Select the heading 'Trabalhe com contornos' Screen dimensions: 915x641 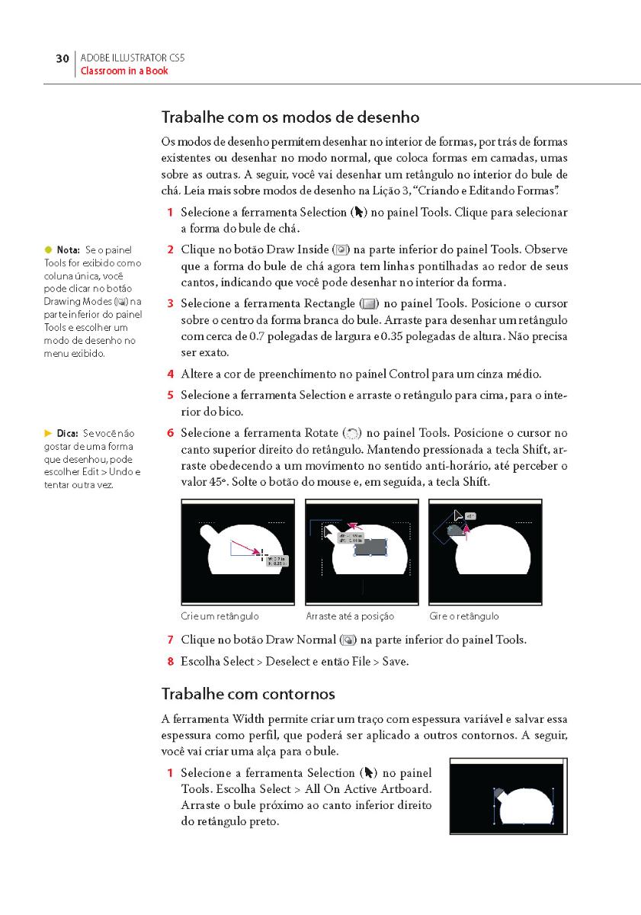248,694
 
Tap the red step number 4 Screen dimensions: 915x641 171,374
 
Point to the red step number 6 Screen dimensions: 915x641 171,433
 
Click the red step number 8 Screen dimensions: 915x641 171,661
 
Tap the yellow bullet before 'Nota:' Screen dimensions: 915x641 47,249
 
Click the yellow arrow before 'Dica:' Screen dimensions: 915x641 47,433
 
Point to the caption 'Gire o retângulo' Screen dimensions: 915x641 464,616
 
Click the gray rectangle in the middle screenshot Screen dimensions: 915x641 370,546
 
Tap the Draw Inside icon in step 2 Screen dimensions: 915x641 342,249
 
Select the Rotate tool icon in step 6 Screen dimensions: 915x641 352,433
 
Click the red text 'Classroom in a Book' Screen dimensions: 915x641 124,71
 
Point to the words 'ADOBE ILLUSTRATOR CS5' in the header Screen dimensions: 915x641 133,57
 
